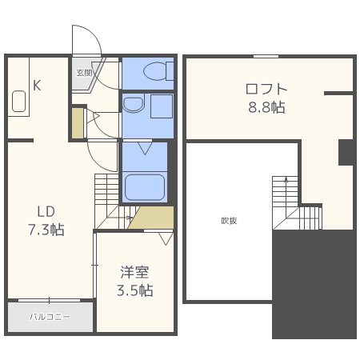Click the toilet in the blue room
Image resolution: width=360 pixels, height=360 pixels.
click(154, 73)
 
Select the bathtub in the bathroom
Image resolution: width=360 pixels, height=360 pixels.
click(146, 186)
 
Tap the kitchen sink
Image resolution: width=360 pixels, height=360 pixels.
click(20, 102)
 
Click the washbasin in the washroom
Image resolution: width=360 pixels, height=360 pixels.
click(134, 103)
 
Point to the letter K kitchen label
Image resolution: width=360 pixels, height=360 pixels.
click(37, 85)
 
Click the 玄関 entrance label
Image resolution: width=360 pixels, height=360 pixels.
click(84, 72)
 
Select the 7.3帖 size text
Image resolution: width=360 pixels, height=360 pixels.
click(46, 230)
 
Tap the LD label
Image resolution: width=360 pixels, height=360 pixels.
click(45, 212)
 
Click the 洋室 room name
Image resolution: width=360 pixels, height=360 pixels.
click(135, 273)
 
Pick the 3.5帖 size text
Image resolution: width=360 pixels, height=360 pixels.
click(135, 290)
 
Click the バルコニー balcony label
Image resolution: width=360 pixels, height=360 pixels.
click(50, 317)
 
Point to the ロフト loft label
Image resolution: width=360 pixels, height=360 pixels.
click(266, 89)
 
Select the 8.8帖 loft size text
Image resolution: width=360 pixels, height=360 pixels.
click(266, 107)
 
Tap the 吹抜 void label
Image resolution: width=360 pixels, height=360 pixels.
click(230, 221)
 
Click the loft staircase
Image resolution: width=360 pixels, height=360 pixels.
click(284, 196)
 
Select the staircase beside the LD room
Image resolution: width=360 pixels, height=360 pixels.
click(106, 196)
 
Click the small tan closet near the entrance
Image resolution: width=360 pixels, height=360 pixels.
click(77, 122)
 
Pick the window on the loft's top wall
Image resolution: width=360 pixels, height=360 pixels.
click(266, 56)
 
